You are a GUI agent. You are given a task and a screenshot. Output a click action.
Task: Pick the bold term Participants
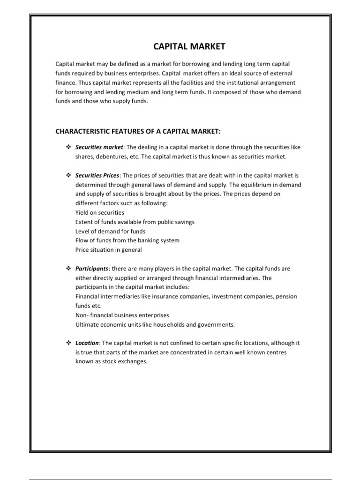[x=92, y=269]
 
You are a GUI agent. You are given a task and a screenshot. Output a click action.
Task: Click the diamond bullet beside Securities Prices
[x=67, y=175]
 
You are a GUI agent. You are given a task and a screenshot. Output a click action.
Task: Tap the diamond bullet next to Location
[x=67, y=343]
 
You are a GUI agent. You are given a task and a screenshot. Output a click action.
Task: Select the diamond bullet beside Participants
[x=67, y=269]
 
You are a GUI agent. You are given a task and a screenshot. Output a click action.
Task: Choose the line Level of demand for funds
[x=110, y=231]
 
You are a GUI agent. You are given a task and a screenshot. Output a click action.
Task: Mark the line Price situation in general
[x=108, y=250]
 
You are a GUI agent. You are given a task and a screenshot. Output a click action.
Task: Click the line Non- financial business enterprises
[x=122, y=315]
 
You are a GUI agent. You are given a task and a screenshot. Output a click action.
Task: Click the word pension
[x=287, y=296]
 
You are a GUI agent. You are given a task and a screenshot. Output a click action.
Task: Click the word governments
[x=217, y=324]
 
